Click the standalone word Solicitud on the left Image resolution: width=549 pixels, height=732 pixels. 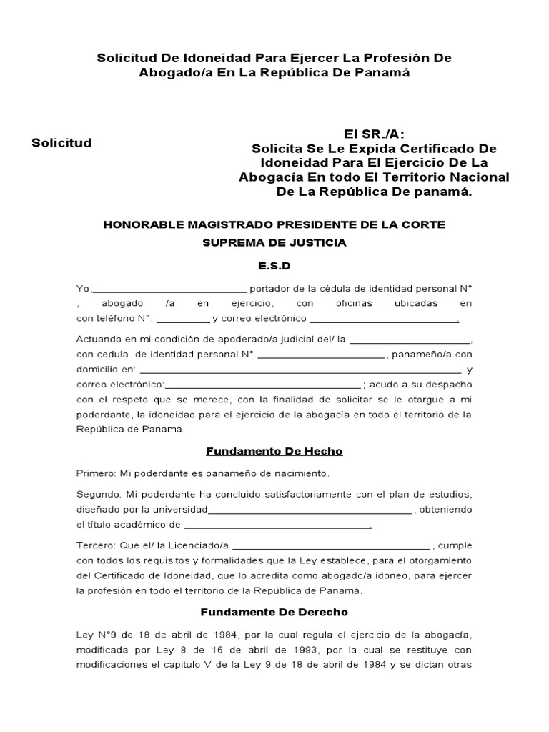tap(61, 143)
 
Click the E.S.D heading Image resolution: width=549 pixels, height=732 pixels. tap(274, 266)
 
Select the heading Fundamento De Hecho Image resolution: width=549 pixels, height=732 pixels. tap(274, 451)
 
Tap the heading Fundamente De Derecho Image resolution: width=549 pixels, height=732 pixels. tap(274, 612)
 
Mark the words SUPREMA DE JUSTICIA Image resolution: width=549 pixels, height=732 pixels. tap(274, 243)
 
